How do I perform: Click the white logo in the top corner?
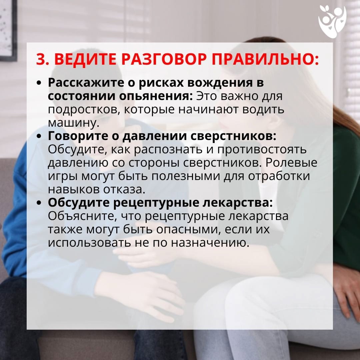tap(332, 21)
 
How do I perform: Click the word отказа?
tap(124, 190)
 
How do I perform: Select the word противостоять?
tap(262, 150)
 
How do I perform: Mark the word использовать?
tap(89, 243)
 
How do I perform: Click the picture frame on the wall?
tap(8, 30)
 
